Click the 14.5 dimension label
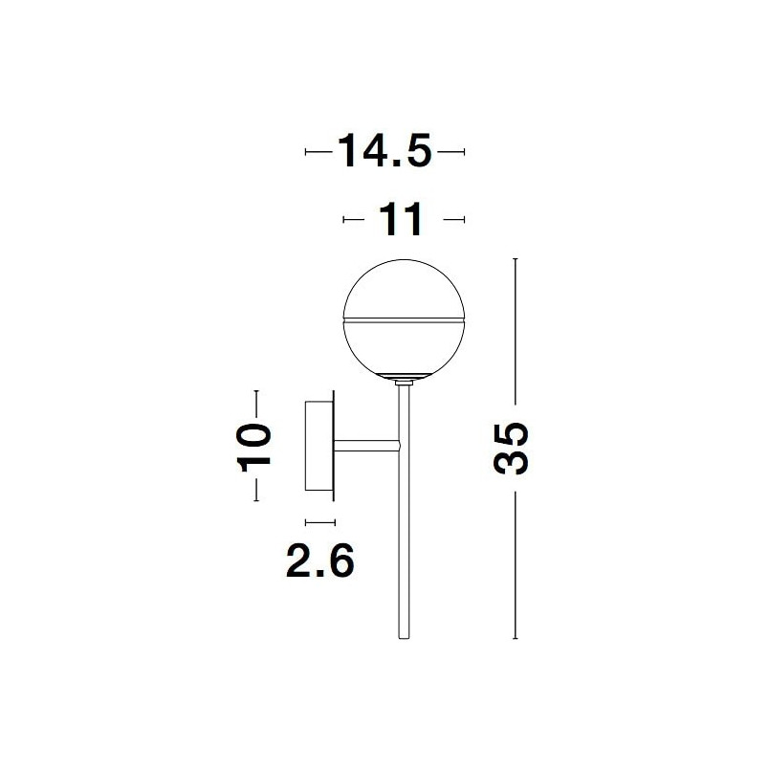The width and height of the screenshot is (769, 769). [x=384, y=150]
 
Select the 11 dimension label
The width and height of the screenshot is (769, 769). [x=401, y=219]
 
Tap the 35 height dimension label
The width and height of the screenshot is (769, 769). [x=511, y=448]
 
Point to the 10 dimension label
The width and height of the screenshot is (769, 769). [x=254, y=447]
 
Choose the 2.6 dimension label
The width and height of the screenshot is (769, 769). [x=319, y=560]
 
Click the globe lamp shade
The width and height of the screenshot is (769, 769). [x=405, y=319]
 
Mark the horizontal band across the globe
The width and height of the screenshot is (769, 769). [x=405, y=320]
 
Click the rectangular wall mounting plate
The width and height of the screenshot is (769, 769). [x=319, y=446]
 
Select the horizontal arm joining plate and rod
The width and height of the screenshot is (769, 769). [x=367, y=446]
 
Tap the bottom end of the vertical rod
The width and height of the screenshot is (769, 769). [x=404, y=638]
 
